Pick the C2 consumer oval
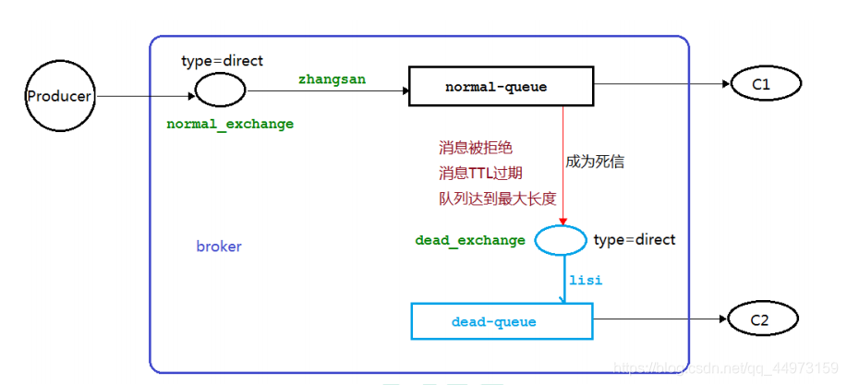pos(760,319)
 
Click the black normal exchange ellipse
pos(221,90)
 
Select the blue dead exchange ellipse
pos(561,240)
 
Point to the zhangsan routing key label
pos(332,79)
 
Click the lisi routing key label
pos(586,279)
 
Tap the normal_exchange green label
pos(230,123)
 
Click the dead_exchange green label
pos(470,240)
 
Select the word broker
pos(219,247)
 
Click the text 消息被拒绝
pos(475,147)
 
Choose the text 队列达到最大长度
pos(497,198)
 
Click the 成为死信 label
pos(595,162)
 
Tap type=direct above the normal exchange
pos(223,61)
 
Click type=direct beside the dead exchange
pos(635,240)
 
